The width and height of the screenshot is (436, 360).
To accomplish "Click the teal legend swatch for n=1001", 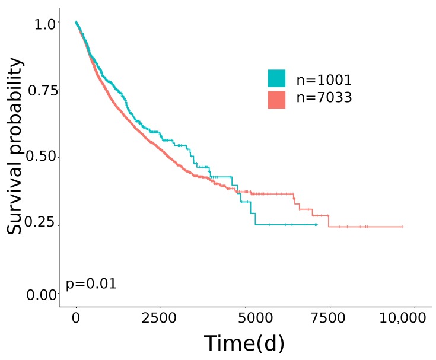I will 276,78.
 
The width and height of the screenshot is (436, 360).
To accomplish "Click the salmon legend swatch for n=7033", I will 276,100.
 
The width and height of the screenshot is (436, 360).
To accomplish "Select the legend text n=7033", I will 324,98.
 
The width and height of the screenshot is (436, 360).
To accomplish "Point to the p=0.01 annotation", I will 91,284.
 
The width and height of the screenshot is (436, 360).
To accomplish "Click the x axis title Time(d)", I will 244,344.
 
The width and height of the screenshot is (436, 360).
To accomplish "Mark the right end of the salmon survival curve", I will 403,227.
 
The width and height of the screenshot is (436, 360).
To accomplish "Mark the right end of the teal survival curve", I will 317,225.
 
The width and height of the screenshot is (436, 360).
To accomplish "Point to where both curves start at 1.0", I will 76,22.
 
